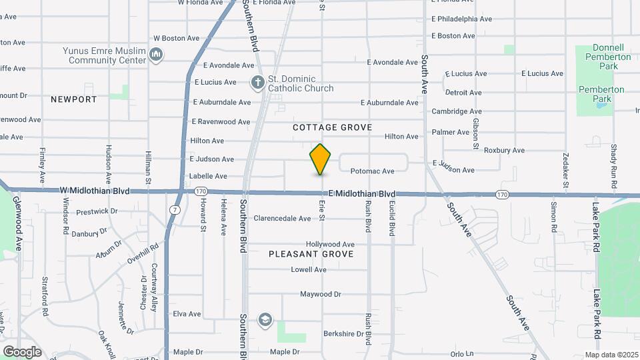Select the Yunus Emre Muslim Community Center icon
(x=156, y=54)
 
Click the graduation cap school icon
(x=265, y=320)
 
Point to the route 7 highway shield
(x=174, y=209)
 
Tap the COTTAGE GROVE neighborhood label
(x=333, y=127)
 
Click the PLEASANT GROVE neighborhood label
(x=311, y=254)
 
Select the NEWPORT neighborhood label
(x=73, y=99)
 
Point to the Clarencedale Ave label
(x=282, y=219)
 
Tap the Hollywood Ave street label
(x=330, y=245)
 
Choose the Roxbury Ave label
(x=504, y=151)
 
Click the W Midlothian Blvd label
(x=94, y=190)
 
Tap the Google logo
(x=22, y=351)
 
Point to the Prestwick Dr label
(x=97, y=211)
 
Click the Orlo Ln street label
(x=461, y=354)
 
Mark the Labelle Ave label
(x=209, y=177)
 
